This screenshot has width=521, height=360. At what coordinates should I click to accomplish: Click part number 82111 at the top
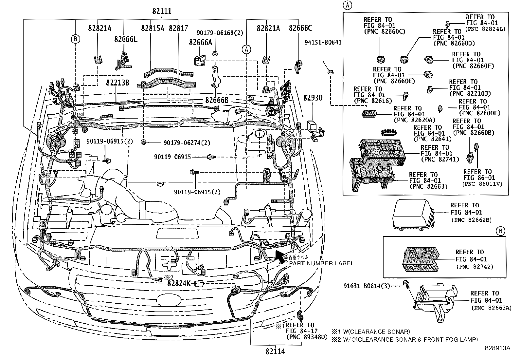(x=161, y=11)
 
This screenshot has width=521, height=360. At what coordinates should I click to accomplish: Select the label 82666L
(x=126, y=39)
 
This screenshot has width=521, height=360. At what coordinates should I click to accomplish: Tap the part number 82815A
(x=153, y=28)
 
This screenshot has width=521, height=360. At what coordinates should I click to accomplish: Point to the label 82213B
(x=117, y=83)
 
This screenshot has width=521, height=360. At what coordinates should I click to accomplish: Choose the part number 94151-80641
(x=323, y=43)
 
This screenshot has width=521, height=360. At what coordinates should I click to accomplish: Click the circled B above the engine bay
(x=75, y=39)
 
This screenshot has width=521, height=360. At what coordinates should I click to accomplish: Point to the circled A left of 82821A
(x=246, y=49)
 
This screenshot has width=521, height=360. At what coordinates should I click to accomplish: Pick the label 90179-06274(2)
(x=187, y=143)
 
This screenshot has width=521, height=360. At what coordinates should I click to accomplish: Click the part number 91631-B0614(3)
(x=371, y=286)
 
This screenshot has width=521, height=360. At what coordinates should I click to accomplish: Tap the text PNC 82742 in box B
(x=475, y=267)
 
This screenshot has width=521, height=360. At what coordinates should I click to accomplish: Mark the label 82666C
(x=300, y=28)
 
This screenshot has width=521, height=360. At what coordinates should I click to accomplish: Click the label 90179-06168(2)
(x=220, y=33)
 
